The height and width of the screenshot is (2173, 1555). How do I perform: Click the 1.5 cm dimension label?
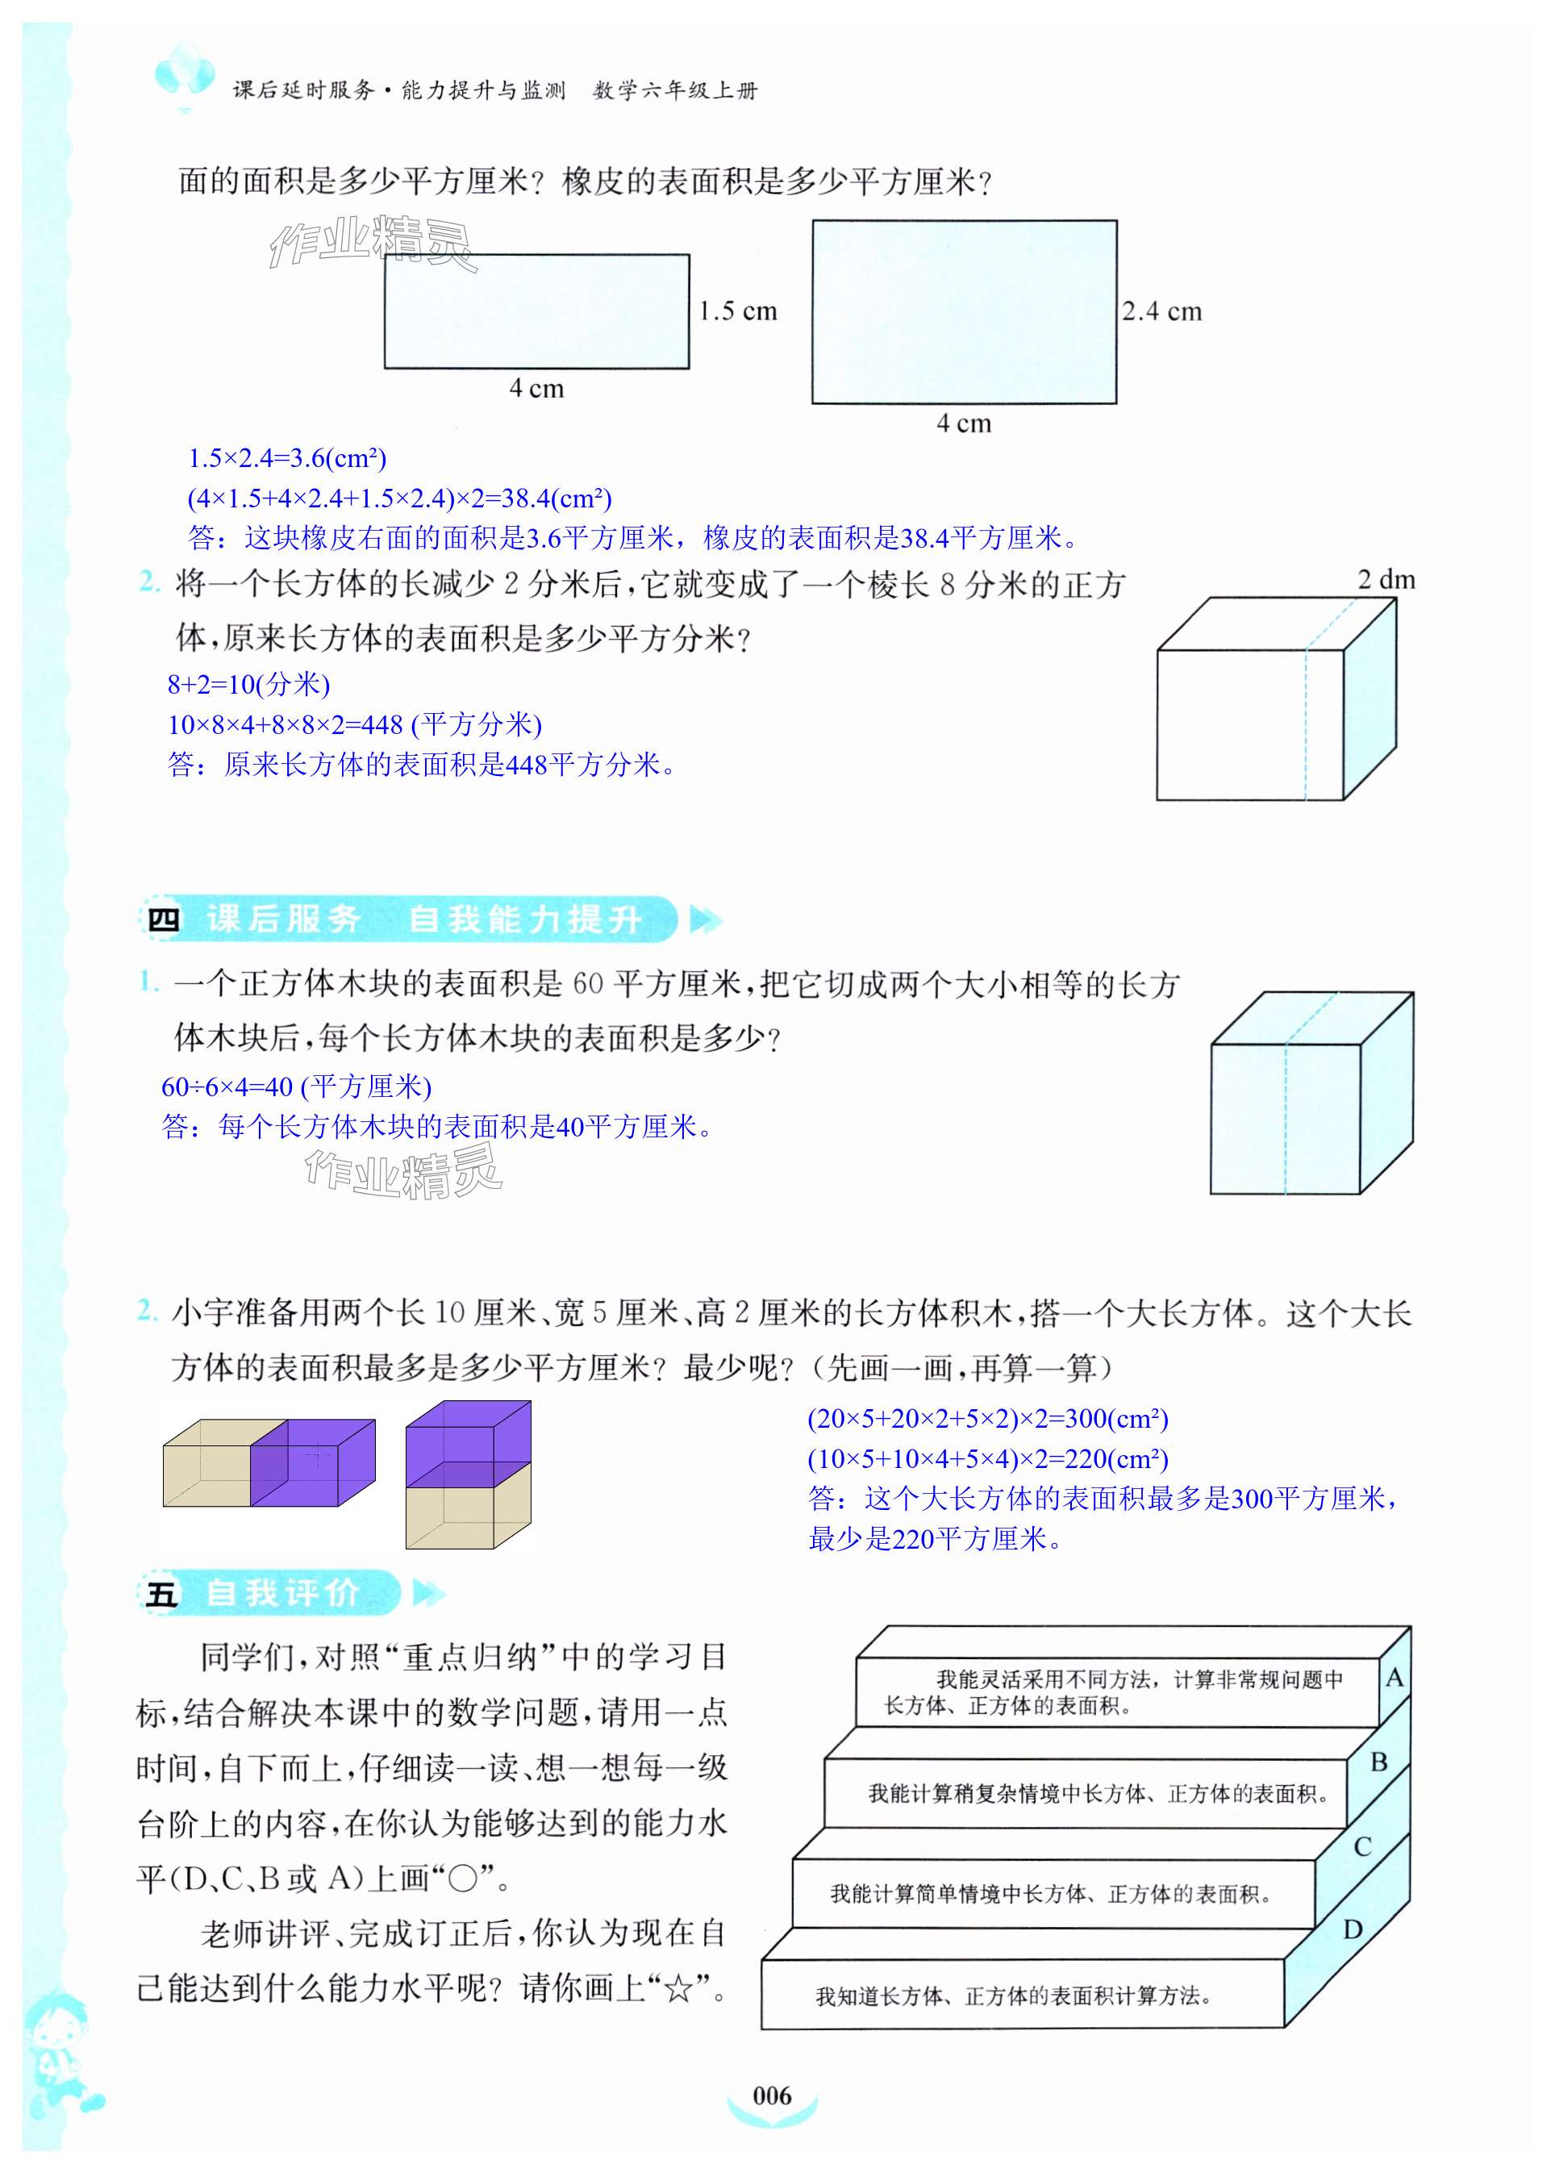[x=737, y=311]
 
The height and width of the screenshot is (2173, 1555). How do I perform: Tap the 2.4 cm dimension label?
[x=1161, y=311]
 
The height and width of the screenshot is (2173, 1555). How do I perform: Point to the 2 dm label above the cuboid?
[x=1386, y=579]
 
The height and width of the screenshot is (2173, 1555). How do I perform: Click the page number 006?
[x=772, y=2095]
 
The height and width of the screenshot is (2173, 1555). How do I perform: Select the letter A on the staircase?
[x=1394, y=1678]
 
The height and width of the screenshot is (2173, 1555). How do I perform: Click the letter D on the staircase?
[x=1352, y=1929]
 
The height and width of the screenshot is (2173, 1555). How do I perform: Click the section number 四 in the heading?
[x=163, y=920]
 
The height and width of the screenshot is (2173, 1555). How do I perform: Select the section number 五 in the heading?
[x=161, y=1594]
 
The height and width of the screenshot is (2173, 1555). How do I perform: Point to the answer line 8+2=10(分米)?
[x=249, y=684]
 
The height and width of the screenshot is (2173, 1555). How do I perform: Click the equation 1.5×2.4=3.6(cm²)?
[x=287, y=458]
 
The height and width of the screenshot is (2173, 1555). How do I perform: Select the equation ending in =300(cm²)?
[x=987, y=1418]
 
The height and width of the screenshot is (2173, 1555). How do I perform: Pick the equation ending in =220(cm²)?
[x=987, y=1458]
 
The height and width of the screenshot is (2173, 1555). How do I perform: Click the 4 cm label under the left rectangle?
[x=536, y=388]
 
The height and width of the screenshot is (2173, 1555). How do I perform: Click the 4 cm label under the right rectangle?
[x=963, y=423]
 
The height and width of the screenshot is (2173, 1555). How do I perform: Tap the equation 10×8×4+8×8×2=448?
[x=354, y=724]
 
